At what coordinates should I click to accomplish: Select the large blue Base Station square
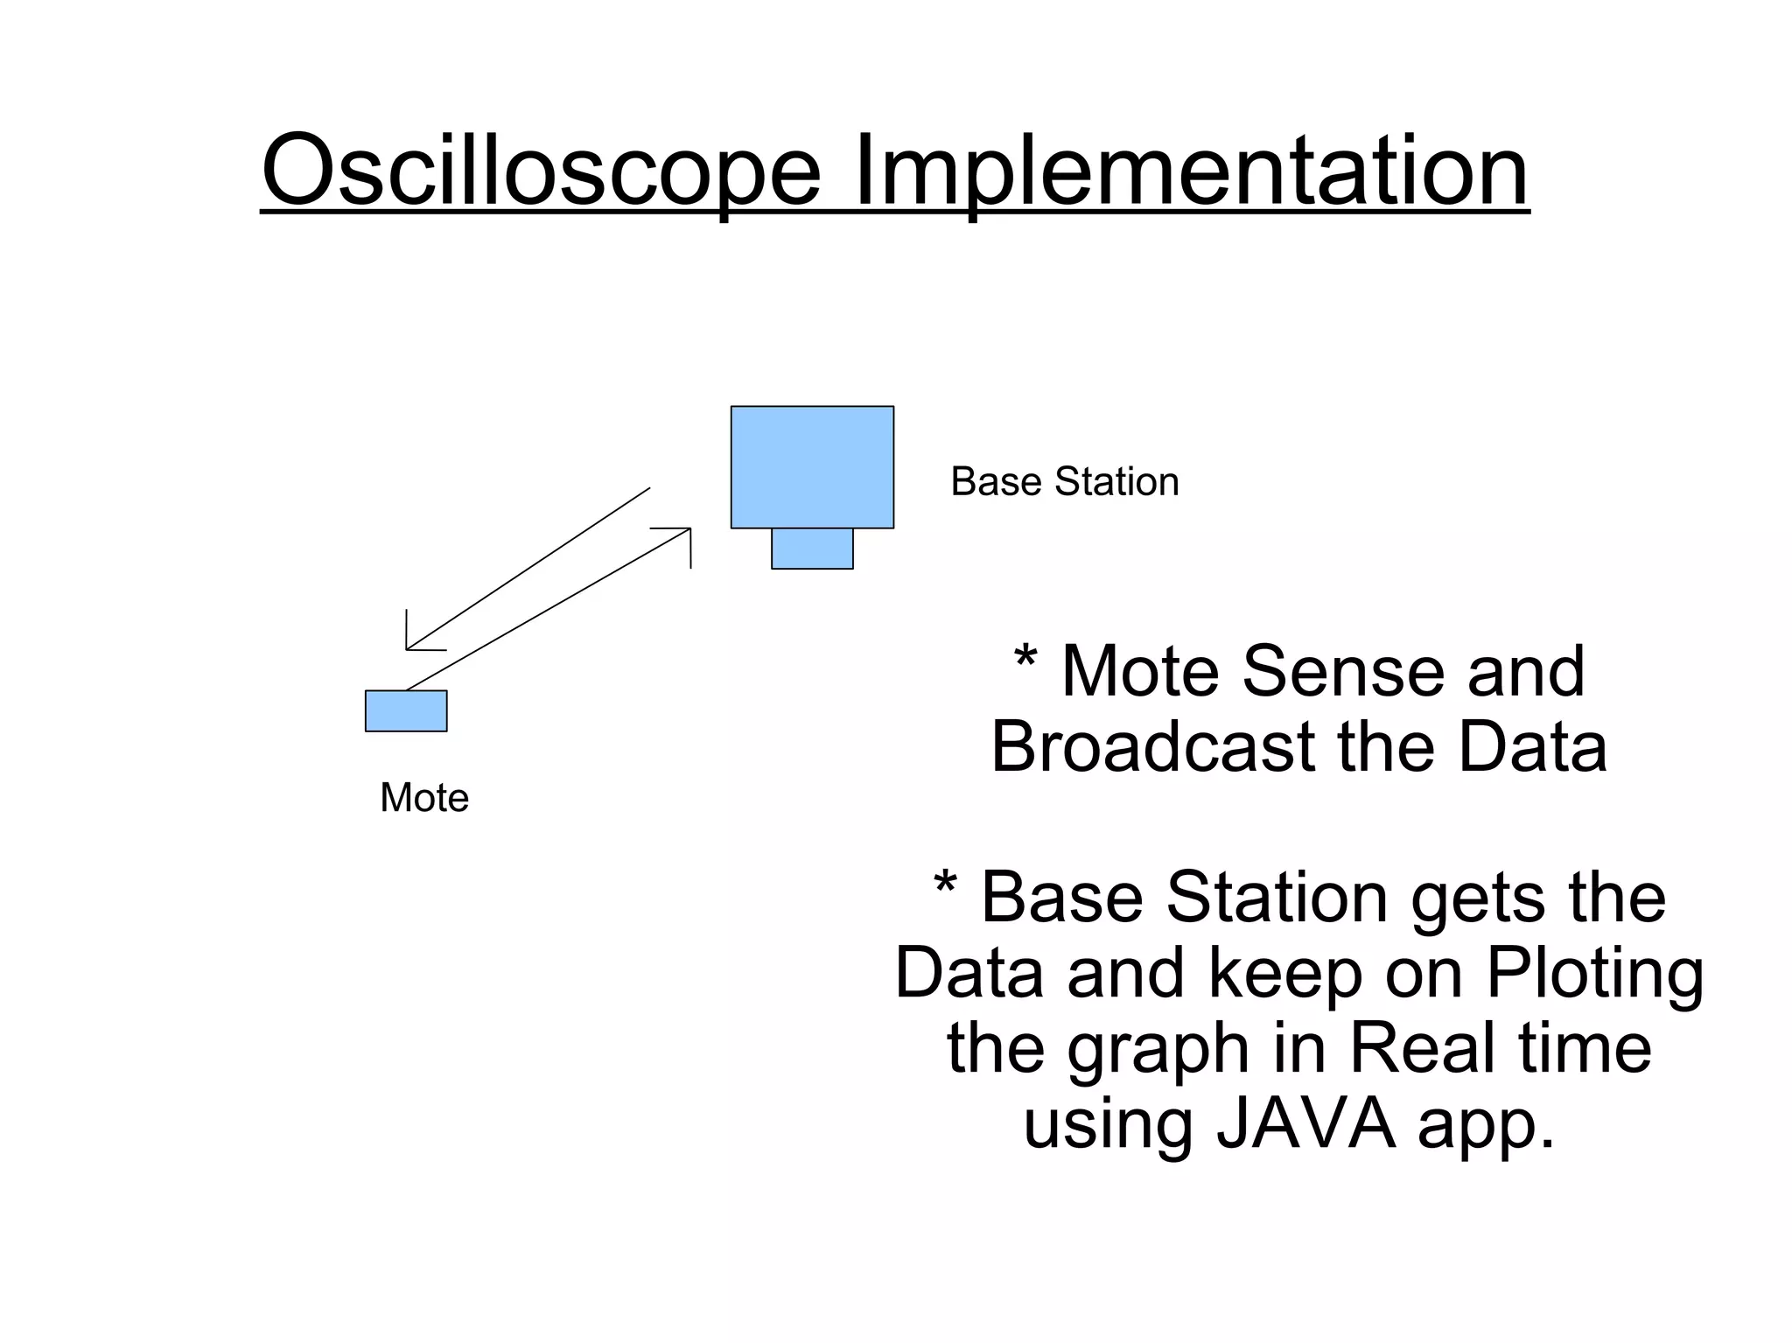pos(812,466)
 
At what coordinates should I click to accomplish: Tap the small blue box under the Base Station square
pos(812,549)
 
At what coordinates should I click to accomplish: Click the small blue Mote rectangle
pos(406,710)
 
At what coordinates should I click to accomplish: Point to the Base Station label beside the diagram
pos(1065,482)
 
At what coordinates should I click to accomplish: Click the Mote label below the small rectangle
pos(424,798)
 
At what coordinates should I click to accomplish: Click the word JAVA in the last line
pos(1305,1123)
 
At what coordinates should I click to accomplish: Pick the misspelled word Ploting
pos(1594,973)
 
